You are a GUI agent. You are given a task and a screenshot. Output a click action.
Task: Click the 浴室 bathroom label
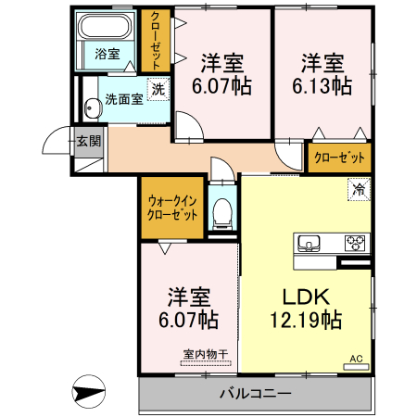[107, 54]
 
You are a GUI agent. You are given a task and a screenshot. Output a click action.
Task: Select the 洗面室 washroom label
[123, 98]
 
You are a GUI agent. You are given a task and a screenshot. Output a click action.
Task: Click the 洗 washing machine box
[158, 90]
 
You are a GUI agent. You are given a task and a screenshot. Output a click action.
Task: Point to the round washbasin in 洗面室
[91, 108]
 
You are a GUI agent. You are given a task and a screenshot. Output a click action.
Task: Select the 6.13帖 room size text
[322, 86]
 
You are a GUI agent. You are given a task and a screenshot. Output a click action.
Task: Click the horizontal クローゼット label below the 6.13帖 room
[339, 158]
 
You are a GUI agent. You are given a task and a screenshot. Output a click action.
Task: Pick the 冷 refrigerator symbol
[359, 190]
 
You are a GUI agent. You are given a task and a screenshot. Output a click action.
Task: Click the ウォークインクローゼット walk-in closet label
[172, 206]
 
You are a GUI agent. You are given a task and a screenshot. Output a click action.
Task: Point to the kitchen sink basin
[309, 244]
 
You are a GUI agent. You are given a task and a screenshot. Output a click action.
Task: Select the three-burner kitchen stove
[355, 244]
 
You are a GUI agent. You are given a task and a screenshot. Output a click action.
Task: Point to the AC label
[356, 359]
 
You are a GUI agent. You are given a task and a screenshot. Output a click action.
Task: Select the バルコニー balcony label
[256, 394]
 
